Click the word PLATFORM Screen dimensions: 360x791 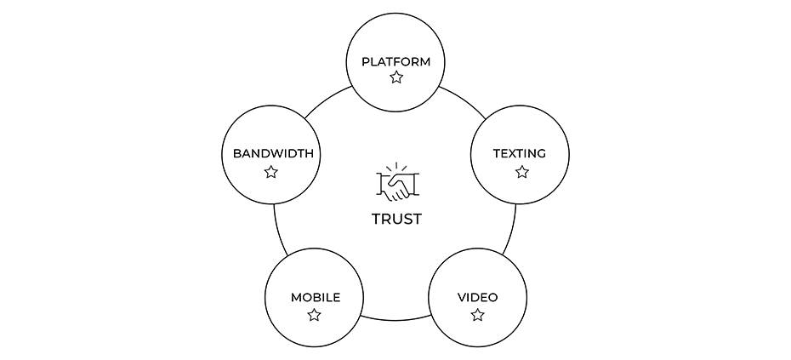pos(395,61)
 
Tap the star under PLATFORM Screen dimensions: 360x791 pos(395,77)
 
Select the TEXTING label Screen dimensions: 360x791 pos(520,154)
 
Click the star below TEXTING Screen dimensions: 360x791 pos(521,172)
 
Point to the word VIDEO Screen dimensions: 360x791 pos(477,297)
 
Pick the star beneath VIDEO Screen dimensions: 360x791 pos(477,315)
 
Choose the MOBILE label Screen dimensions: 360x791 pos(315,297)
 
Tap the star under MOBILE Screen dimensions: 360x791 pos(314,315)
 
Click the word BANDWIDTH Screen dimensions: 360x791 pos(273,154)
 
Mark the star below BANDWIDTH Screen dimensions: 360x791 pos(271,172)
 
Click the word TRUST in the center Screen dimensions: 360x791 pos(395,219)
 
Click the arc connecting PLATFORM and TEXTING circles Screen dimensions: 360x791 pos(463,101)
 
